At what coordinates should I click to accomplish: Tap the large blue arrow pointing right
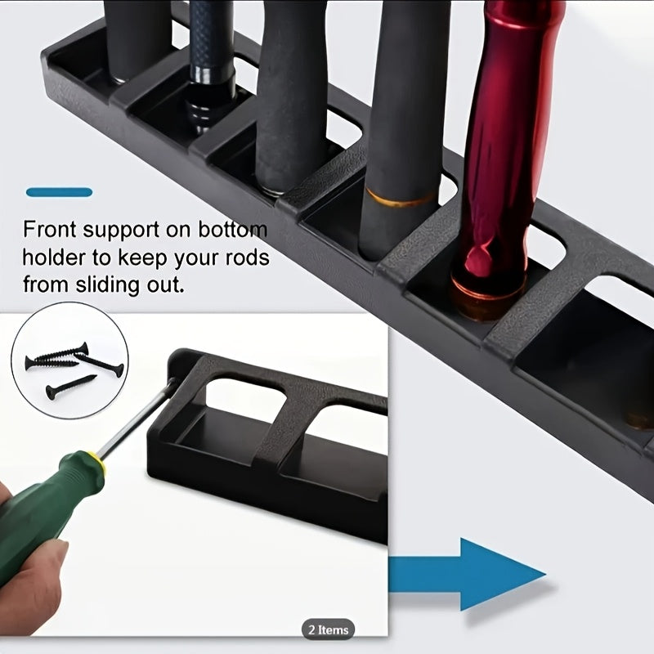(x=467, y=575)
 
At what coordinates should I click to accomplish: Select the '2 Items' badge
(x=329, y=629)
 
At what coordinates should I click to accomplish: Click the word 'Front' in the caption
(x=49, y=230)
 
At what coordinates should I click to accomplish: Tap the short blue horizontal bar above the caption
(x=59, y=192)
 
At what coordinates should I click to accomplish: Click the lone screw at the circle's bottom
(x=70, y=387)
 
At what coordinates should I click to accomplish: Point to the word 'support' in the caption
(x=121, y=231)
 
